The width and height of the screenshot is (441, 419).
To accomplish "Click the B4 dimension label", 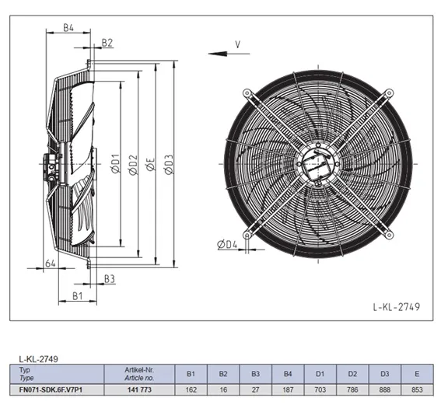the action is [x=68, y=27].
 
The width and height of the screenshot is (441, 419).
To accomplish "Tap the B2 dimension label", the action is [x=107, y=43].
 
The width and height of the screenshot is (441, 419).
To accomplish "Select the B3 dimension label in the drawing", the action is [x=110, y=279].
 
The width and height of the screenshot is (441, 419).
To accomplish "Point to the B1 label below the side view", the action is [x=77, y=296].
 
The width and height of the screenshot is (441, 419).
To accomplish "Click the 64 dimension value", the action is [x=51, y=264].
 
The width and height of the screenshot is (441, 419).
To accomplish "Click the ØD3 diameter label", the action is [x=169, y=164].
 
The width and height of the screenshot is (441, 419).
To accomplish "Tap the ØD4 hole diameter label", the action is [x=227, y=245].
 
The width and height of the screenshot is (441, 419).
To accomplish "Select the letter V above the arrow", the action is [x=238, y=44].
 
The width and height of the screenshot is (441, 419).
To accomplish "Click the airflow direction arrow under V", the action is [x=229, y=54].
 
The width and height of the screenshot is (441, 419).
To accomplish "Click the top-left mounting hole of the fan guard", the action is [x=247, y=93].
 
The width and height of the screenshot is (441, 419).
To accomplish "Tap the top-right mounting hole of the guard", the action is [x=389, y=93].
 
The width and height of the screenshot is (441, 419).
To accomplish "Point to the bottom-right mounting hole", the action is [x=389, y=235].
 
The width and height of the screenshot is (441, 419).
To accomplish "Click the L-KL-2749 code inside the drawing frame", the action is [x=397, y=307].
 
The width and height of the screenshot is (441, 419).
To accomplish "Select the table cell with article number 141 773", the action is [x=139, y=389].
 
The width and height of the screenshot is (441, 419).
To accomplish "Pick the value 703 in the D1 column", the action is [x=320, y=389].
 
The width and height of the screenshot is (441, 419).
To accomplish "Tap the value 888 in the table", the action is [x=385, y=389].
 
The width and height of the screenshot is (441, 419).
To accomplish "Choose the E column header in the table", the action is [x=417, y=374].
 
